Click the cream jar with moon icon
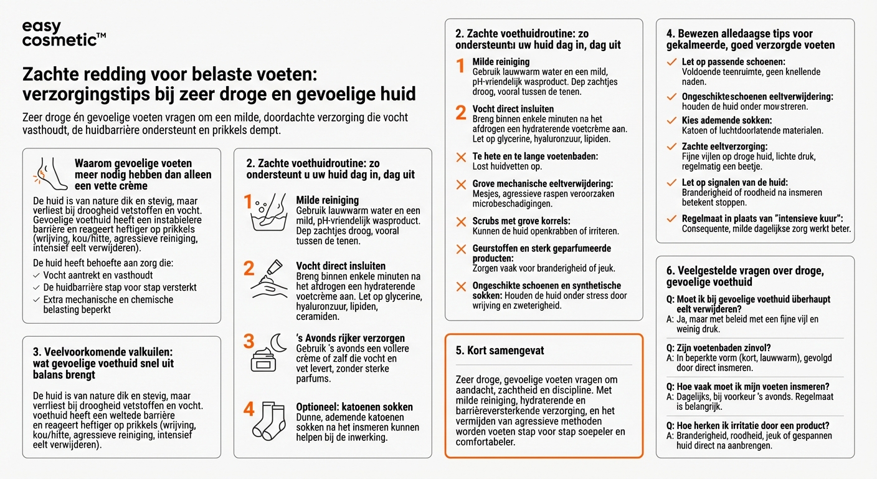(268, 353)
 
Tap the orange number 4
(249, 410)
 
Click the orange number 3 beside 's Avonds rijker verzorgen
(249, 342)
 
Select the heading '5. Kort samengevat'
(500, 351)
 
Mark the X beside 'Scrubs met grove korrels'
(461, 222)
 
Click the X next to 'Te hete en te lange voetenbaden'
(461, 157)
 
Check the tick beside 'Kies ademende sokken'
(671, 121)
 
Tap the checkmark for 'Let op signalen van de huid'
(671, 183)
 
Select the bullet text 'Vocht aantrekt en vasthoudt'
(98, 275)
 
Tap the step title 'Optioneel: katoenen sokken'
(354, 407)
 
